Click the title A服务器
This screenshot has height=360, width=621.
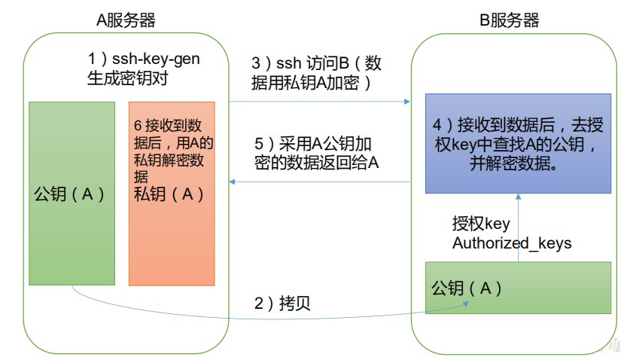(126, 20)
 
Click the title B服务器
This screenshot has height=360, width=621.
(510, 20)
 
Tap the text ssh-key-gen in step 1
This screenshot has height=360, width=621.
(156, 59)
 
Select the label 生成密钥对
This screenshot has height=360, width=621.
(127, 78)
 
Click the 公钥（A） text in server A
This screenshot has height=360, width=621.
(69, 194)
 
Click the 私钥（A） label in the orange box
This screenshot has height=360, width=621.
(169, 194)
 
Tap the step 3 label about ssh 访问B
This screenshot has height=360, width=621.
(316, 73)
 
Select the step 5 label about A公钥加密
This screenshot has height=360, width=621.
(316, 153)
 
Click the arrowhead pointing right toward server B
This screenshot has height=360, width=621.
(406, 102)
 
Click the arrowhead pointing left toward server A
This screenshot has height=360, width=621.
(232, 182)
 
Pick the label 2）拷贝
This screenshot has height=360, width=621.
(282, 304)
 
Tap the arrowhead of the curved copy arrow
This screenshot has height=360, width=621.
(466, 304)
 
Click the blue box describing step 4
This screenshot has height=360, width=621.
(518, 144)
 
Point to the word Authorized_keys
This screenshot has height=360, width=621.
(512, 243)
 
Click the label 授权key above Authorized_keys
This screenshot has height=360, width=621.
(481, 224)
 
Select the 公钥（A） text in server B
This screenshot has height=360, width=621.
(467, 288)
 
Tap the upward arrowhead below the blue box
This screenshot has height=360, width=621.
(518, 197)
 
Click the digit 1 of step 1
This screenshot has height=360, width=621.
(92, 59)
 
